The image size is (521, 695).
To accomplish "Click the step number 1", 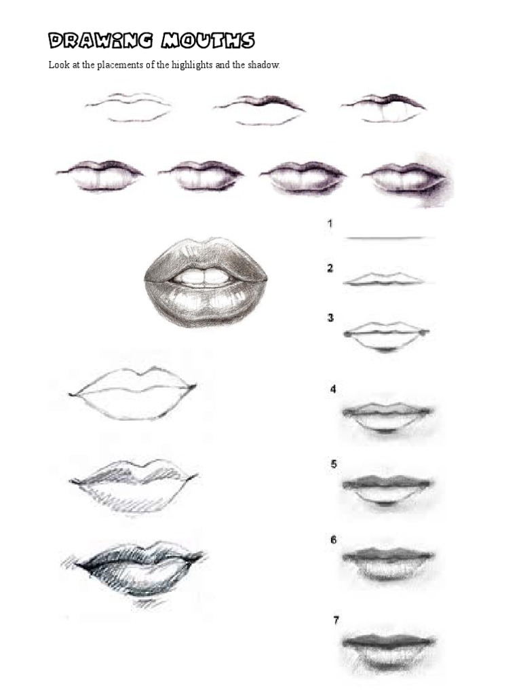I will (330, 223).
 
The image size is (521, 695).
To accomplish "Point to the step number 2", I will (330, 268).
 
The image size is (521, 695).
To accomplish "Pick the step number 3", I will (330, 317).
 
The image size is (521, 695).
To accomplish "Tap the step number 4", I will (333, 390).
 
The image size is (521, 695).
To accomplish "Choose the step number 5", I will (333, 464).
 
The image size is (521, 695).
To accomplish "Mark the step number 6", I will (333, 540).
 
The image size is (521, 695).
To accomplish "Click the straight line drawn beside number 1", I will (388, 238).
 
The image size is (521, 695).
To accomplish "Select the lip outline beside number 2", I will (385, 279).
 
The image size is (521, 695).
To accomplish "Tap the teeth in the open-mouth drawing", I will (206, 277).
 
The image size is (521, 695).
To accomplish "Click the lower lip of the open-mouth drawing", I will (206, 301).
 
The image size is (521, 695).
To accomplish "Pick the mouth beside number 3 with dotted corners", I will (387, 336).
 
